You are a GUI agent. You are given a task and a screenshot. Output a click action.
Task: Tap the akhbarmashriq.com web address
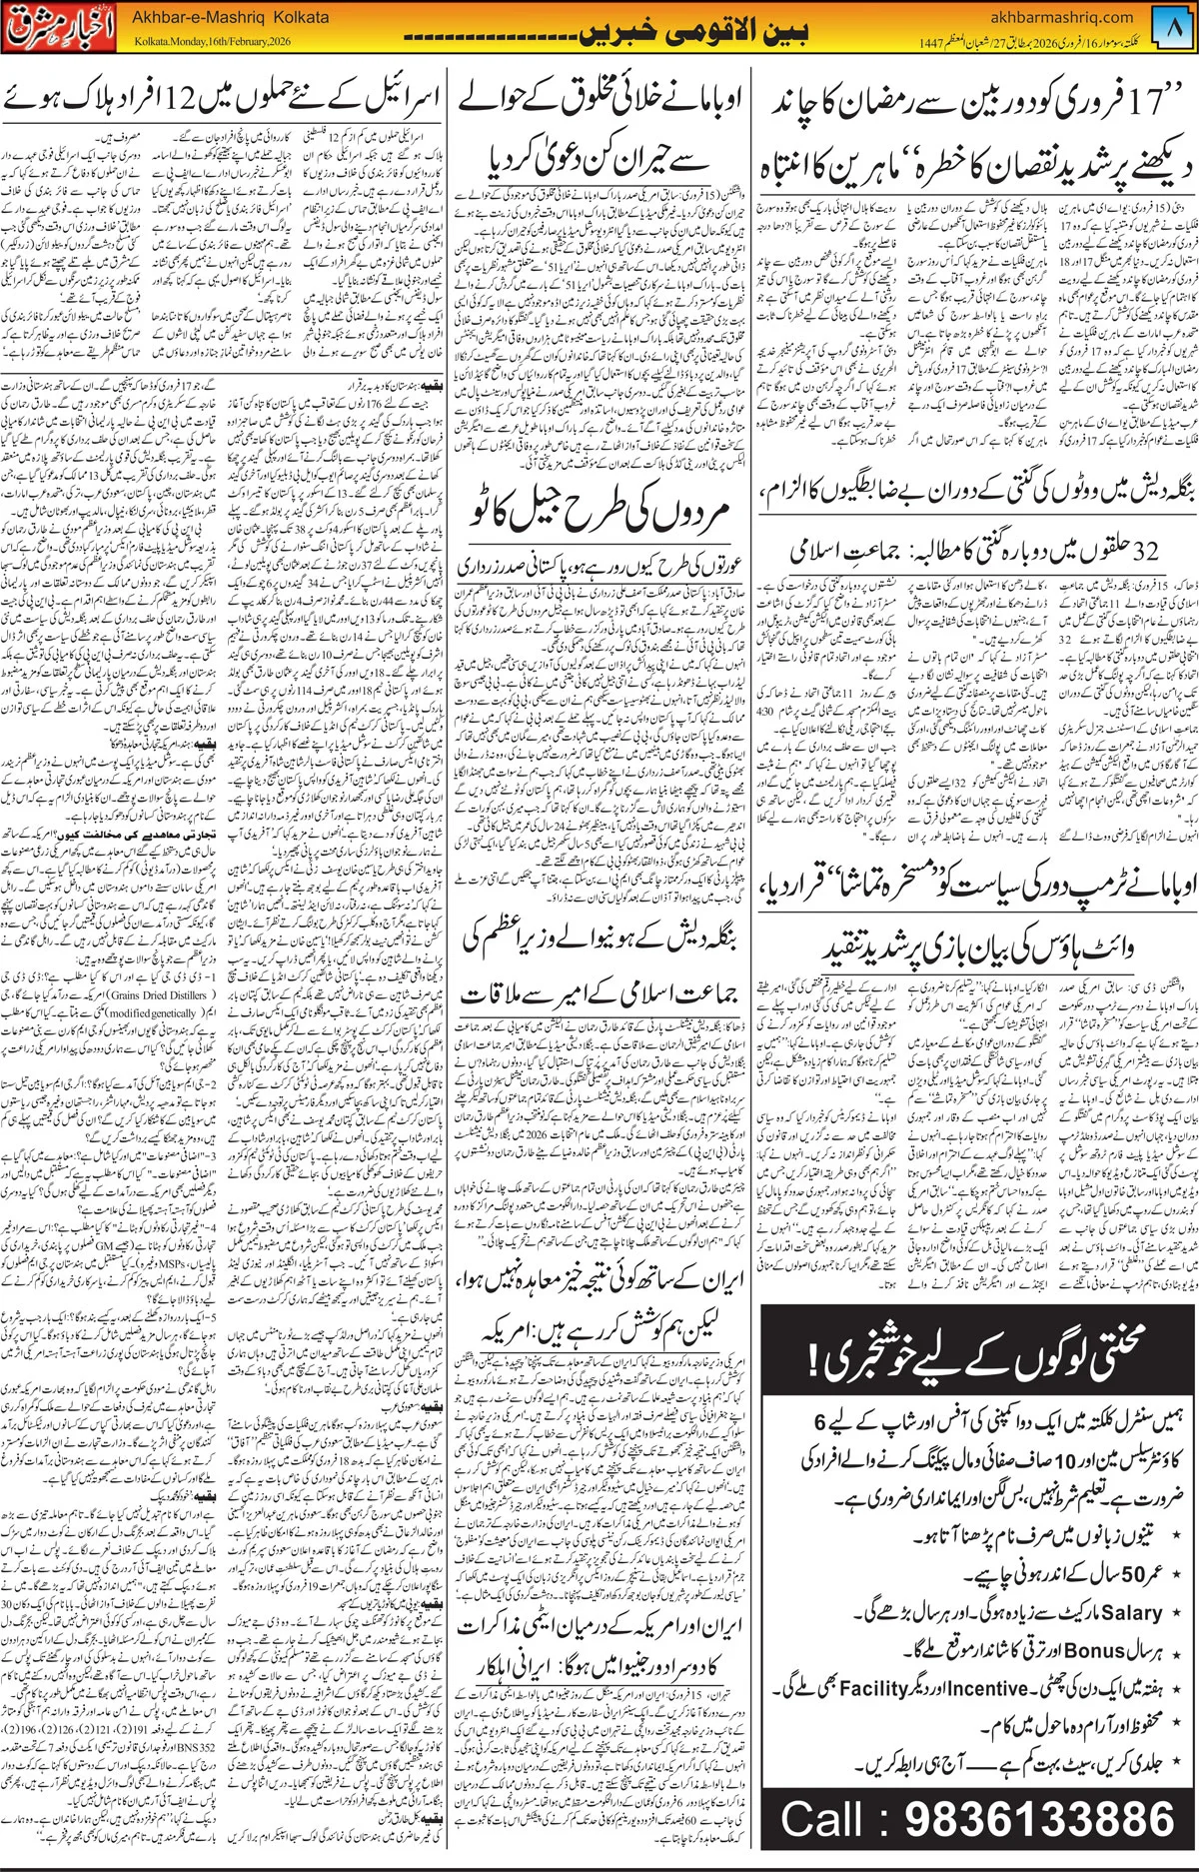1062,17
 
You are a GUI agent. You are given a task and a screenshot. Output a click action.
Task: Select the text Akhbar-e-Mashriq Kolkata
230,18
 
